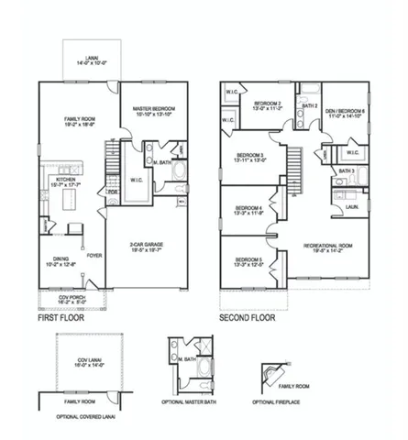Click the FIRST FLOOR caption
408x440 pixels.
(62, 319)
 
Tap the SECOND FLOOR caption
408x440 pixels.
(247, 319)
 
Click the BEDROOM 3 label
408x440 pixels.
(251, 157)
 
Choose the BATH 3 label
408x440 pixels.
(345, 170)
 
